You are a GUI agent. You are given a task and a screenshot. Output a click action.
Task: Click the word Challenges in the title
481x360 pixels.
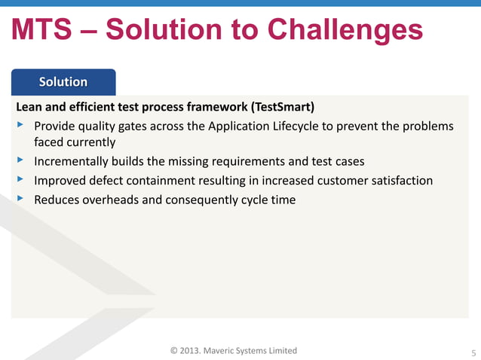click(x=340, y=31)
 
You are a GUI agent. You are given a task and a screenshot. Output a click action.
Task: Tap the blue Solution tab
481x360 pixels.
click(x=63, y=81)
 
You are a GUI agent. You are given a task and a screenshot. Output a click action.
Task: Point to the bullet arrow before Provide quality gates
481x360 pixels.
click(x=20, y=124)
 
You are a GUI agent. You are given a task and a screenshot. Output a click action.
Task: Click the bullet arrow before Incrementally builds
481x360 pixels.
click(x=20, y=160)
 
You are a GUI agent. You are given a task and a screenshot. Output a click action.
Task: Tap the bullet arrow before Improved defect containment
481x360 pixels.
click(x=20, y=180)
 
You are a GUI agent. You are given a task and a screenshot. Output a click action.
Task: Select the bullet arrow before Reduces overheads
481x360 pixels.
click(x=20, y=199)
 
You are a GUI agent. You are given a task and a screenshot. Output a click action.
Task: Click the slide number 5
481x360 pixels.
click(x=473, y=352)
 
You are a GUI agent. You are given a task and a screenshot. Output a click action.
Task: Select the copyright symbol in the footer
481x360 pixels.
click(x=174, y=350)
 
